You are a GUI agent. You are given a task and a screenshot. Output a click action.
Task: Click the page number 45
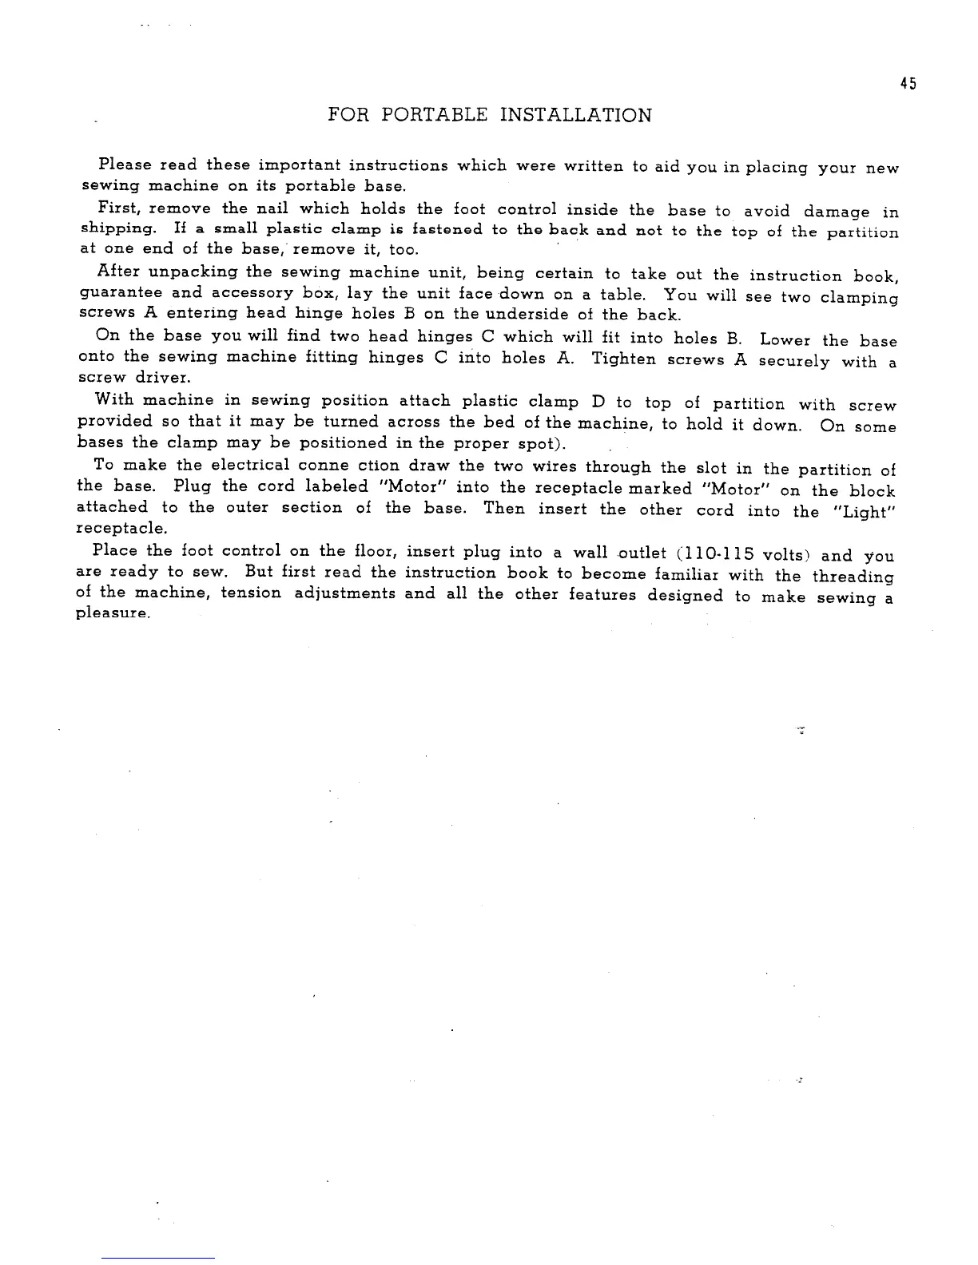click(907, 84)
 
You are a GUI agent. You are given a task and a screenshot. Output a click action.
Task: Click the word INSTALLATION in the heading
click(575, 116)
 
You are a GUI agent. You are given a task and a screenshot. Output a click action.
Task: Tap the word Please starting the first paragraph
click(125, 165)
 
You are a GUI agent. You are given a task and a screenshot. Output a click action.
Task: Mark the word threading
click(853, 577)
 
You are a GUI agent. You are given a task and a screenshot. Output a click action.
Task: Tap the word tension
click(251, 593)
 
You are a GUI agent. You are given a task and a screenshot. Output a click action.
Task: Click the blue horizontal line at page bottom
click(158, 1258)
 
